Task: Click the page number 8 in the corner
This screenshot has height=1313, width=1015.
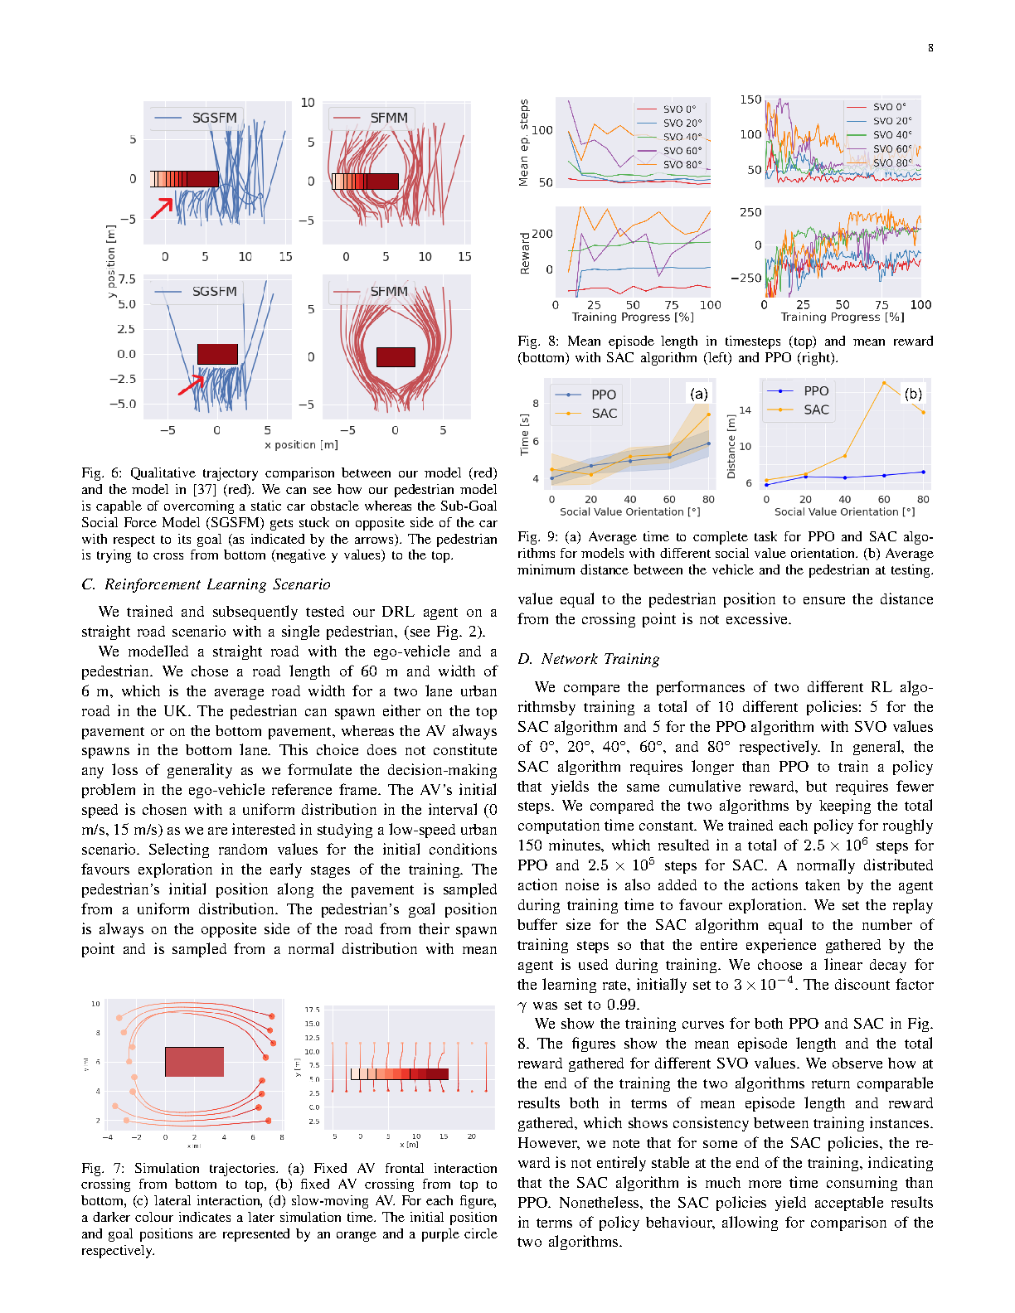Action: point(930,48)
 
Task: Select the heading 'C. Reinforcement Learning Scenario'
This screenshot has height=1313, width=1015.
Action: point(206,584)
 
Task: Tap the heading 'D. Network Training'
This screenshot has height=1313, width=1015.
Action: point(589,659)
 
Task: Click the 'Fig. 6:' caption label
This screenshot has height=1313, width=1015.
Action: point(102,473)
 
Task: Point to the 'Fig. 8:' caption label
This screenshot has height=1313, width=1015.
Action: point(539,342)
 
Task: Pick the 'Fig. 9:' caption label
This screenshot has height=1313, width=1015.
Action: point(539,537)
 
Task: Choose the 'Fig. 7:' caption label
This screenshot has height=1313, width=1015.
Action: point(103,1168)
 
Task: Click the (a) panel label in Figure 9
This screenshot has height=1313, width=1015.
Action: point(699,395)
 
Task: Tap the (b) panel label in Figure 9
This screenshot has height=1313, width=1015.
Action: point(913,394)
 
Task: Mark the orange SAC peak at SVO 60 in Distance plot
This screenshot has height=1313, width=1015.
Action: point(884,383)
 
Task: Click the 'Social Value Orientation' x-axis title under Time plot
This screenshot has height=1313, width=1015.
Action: point(629,512)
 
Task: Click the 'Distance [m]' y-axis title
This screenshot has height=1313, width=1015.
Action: point(731,447)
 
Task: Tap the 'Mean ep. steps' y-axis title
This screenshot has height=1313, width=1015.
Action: point(524,143)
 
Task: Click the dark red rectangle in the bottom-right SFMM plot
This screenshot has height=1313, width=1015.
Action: point(396,356)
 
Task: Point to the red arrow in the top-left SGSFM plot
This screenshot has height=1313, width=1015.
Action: point(163,207)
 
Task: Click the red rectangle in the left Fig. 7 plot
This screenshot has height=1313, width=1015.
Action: point(194,1062)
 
